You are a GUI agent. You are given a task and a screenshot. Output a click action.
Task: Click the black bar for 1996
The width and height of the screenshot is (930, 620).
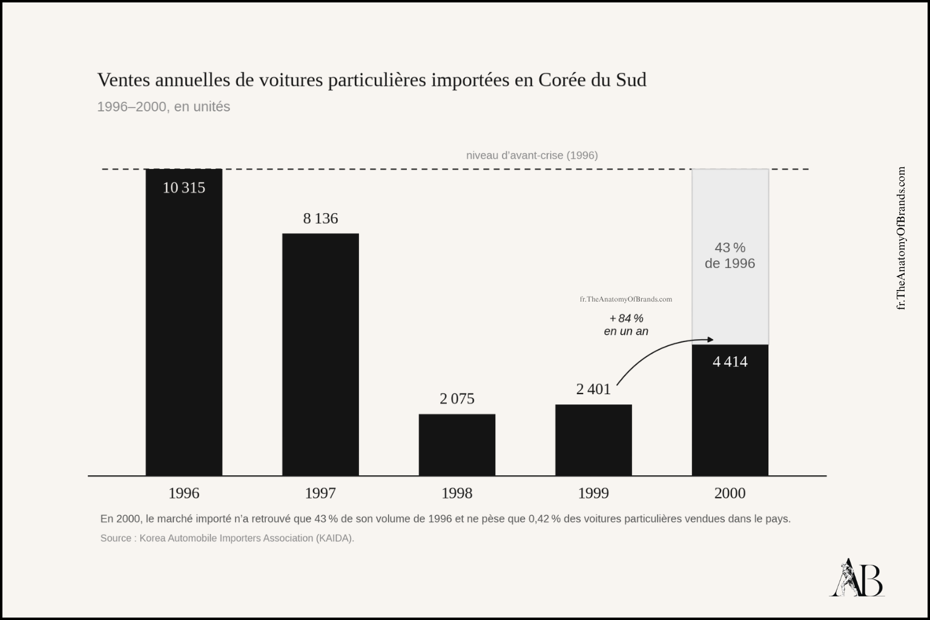tap(184, 322)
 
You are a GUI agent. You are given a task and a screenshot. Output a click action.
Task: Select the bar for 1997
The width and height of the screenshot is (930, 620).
tap(320, 355)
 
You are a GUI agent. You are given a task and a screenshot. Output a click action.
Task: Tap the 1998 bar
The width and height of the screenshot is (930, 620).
tap(457, 445)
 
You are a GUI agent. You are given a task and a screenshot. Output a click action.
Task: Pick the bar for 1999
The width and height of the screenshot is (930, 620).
tap(593, 440)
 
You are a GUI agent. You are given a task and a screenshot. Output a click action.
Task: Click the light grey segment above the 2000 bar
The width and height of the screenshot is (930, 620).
tap(730, 257)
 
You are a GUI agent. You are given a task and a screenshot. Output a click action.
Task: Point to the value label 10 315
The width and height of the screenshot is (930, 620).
tap(184, 188)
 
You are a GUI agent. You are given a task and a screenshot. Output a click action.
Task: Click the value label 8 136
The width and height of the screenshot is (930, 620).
tap(320, 219)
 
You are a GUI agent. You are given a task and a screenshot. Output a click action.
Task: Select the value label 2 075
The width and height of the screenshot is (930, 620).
tap(457, 398)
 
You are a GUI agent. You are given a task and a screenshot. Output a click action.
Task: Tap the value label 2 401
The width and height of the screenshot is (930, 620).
tap(593, 389)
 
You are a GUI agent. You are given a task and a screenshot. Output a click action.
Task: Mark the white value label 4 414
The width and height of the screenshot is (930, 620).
tap(730, 361)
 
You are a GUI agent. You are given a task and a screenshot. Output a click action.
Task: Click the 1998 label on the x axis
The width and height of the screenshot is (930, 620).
tap(457, 493)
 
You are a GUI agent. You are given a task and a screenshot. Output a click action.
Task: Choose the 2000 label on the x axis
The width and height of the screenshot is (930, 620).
tap(730, 493)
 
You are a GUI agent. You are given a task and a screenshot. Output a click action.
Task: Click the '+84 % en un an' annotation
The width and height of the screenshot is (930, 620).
tap(626, 325)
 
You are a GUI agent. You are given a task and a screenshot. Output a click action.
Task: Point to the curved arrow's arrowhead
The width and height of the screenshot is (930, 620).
tap(710, 340)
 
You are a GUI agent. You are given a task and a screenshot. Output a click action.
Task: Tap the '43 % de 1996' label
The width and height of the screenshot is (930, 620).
tap(730, 256)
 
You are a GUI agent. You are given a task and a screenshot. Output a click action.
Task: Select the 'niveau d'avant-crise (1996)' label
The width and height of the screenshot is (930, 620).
tap(532, 156)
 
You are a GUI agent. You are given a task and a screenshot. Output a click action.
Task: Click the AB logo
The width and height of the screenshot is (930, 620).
tap(857, 578)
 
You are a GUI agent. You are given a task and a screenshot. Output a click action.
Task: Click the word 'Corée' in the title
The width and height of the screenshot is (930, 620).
tap(562, 80)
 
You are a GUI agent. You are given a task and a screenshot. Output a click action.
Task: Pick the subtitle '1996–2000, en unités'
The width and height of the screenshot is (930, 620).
tap(163, 107)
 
